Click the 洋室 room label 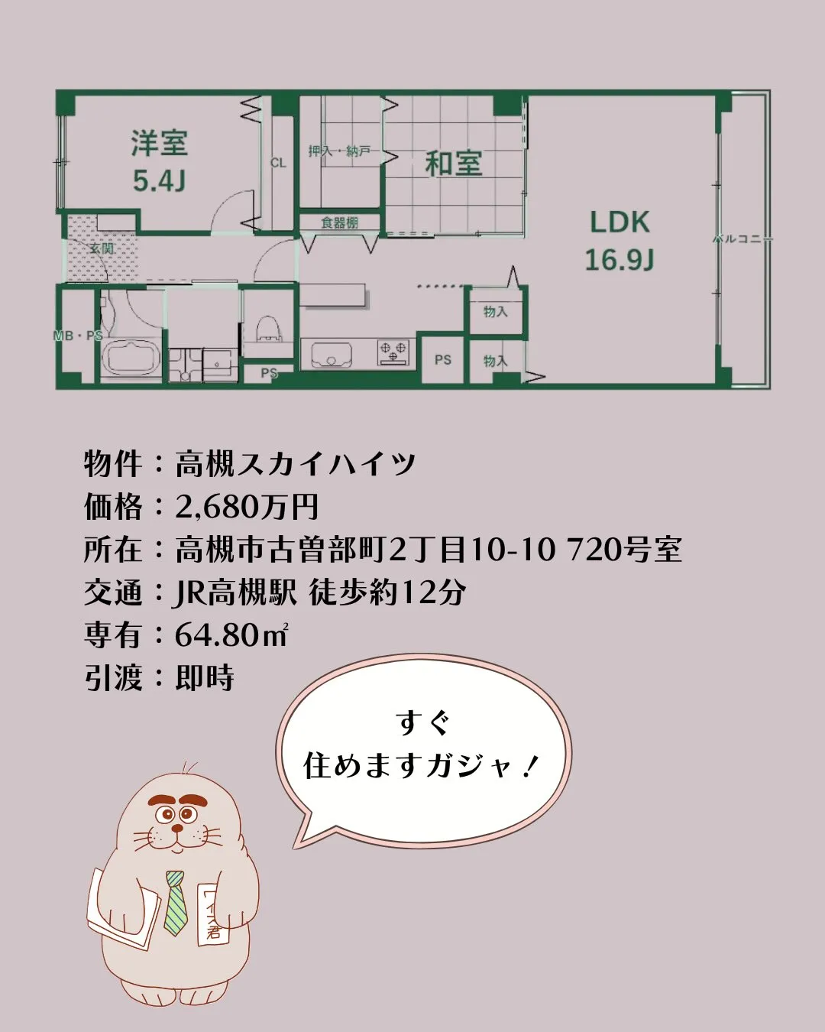159,143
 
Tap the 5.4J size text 159,181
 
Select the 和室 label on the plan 453,164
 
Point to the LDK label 620,222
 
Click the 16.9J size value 620,260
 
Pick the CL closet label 278,163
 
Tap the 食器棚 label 339,222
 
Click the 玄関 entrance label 101,248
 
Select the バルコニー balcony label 742,239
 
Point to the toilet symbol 267,329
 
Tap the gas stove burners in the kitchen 393,352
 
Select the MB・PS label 78,336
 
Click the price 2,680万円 247,506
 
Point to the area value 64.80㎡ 231,634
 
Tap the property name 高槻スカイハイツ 296,463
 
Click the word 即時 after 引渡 204,677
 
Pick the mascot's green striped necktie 176,902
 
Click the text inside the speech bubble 422,745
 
